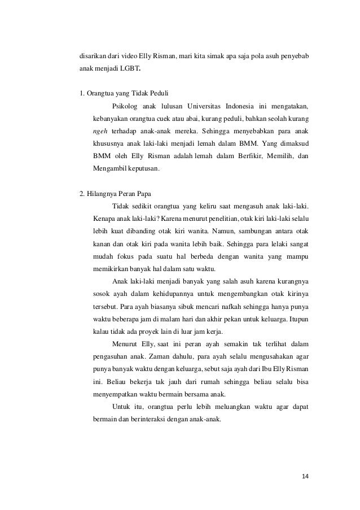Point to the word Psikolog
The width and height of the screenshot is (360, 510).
[125, 106]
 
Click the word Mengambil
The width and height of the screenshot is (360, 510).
[109, 168]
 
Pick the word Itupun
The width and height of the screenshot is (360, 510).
[298, 319]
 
